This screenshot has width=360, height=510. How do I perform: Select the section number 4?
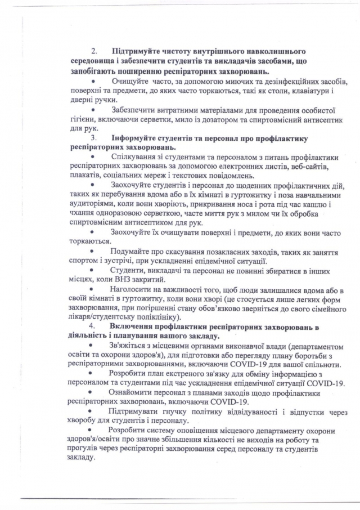94,327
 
